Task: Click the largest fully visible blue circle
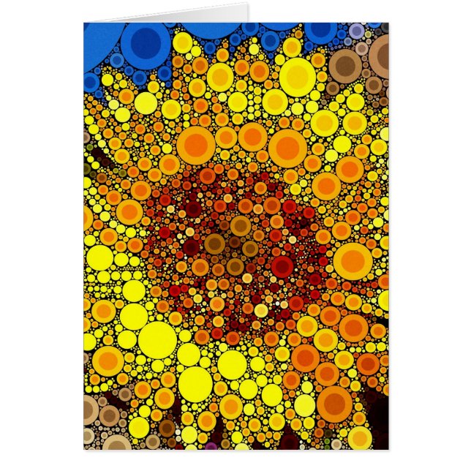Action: (146, 43)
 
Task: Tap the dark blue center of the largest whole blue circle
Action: (146, 40)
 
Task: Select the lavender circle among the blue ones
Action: (356, 31)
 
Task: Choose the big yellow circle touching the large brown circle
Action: (297, 75)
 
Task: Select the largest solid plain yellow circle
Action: (157, 339)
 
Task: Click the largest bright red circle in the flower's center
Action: (282, 266)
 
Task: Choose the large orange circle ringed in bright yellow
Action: (353, 261)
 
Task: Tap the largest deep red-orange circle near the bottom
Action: (334, 404)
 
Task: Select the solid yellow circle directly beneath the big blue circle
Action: (145, 102)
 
